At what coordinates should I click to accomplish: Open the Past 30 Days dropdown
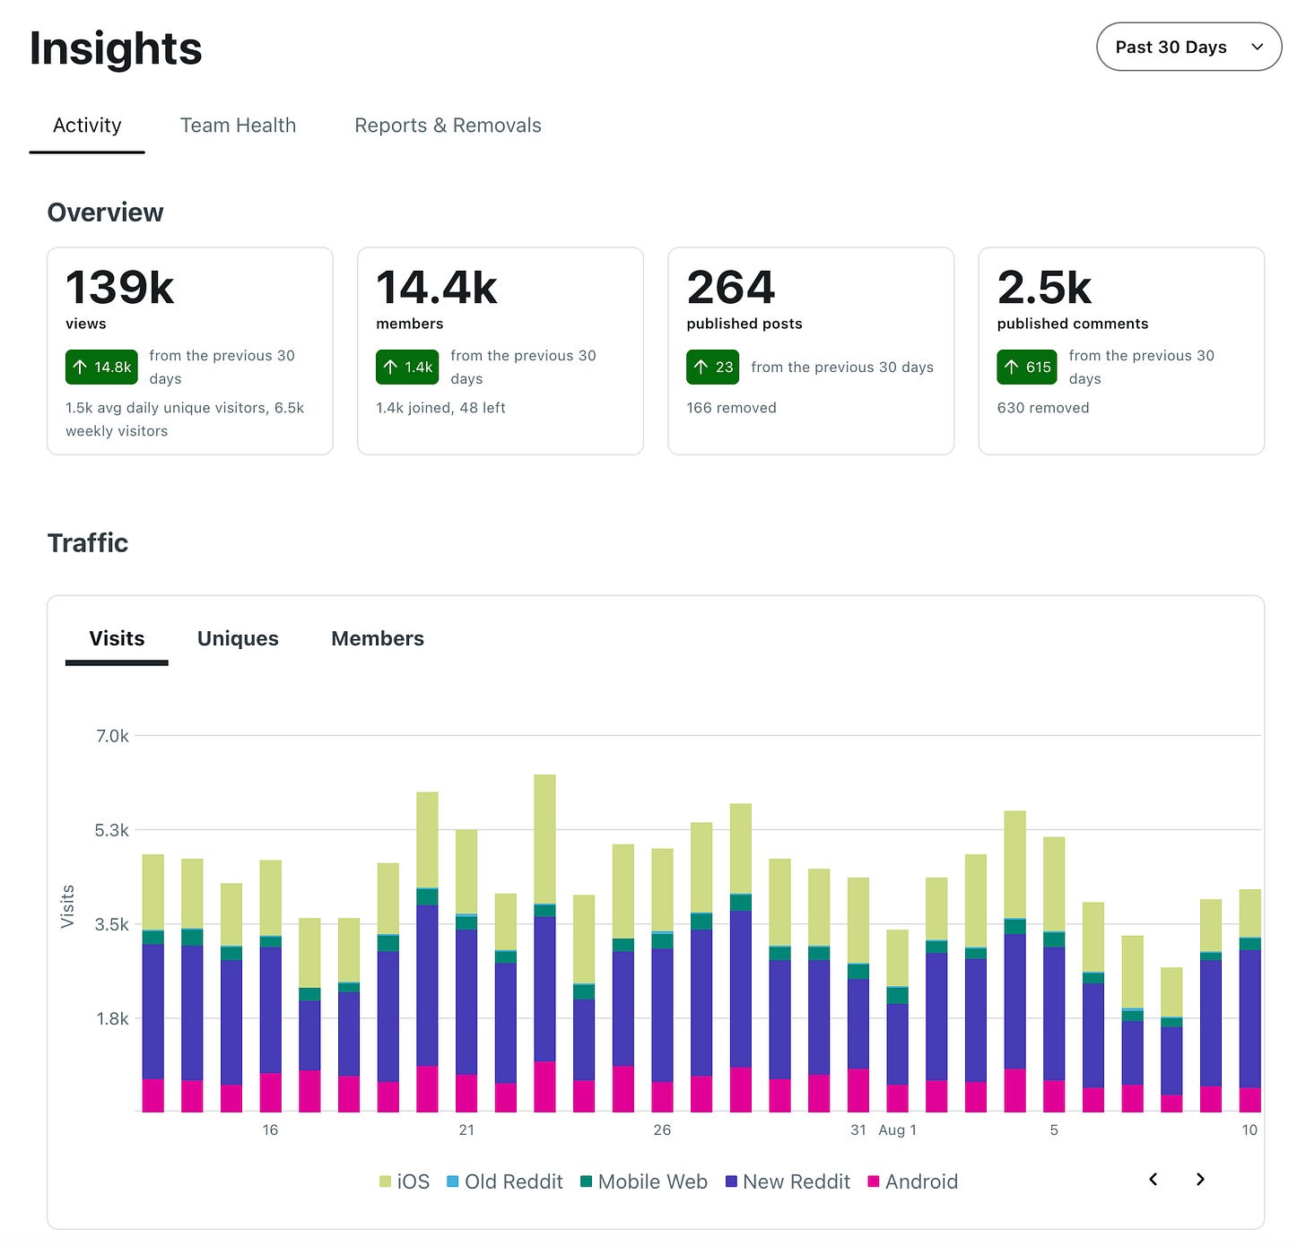tap(1188, 47)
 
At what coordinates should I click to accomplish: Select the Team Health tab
tap(239, 125)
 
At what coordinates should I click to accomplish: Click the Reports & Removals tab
tap(448, 125)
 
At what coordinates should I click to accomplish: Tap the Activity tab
tap(87, 125)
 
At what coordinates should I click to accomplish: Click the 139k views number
tap(120, 288)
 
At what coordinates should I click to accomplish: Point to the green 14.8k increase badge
tap(101, 367)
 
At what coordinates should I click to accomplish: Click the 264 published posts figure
tap(731, 288)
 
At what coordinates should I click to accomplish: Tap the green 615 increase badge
tap(1027, 367)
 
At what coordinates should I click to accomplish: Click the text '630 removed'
tap(1043, 408)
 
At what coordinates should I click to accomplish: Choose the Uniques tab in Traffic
tap(239, 638)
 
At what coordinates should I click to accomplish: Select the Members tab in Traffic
tap(378, 638)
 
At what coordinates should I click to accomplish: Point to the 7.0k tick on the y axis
tap(112, 736)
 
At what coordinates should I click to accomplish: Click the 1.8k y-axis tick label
tap(112, 1019)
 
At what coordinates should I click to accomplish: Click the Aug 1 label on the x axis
tap(898, 1130)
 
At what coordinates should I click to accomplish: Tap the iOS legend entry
tap(405, 1182)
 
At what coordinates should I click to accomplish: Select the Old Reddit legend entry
tap(505, 1182)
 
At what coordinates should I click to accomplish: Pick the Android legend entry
tap(913, 1182)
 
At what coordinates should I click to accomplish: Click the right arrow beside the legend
tap(1201, 1180)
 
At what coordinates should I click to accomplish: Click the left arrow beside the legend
tap(1154, 1180)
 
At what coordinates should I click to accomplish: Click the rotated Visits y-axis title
tap(67, 906)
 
